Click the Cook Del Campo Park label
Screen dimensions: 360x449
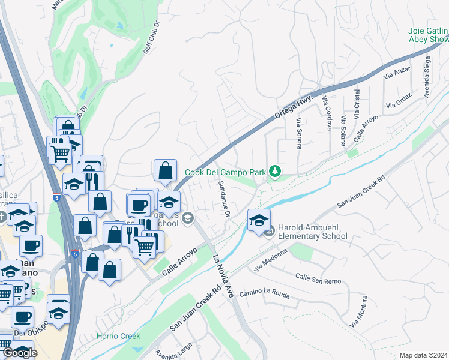tap(225, 172)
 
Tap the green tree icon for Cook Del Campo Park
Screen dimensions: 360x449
tap(275, 172)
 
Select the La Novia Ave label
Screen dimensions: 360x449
tap(223, 276)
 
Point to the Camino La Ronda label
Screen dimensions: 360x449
tap(264, 294)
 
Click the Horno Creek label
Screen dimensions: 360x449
tap(118, 336)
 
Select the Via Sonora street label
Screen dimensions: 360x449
tap(298, 133)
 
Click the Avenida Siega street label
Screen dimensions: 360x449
tap(427, 77)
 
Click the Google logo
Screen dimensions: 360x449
tap(20, 353)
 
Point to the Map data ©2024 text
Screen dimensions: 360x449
tap(424, 355)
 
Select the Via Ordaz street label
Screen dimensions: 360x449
tap(399, 100)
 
